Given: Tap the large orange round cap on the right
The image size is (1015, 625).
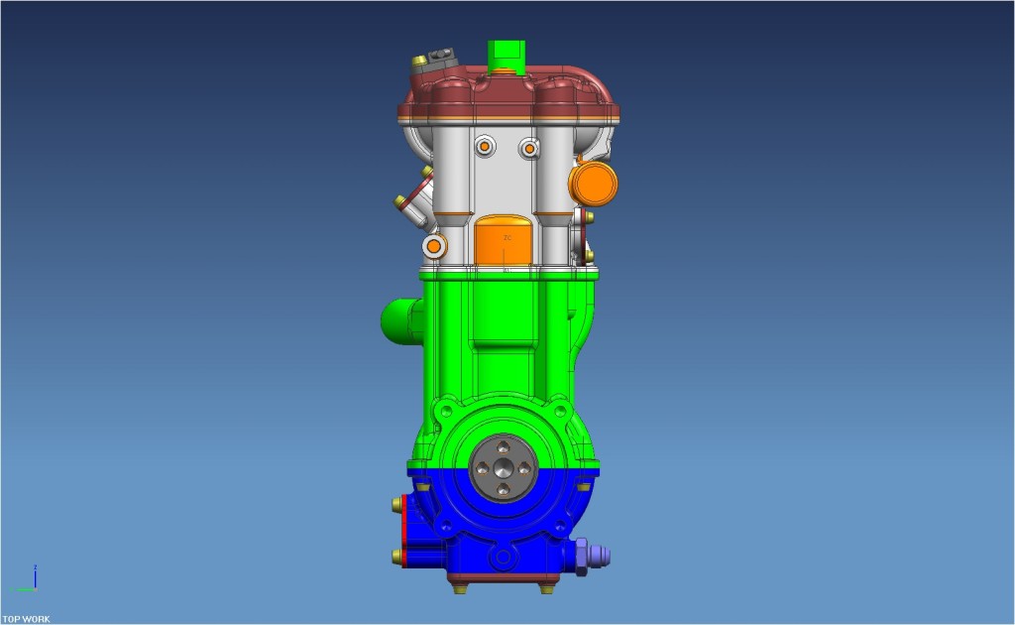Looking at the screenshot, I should coord(593,183).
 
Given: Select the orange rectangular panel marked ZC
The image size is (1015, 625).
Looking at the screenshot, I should coord(506,243).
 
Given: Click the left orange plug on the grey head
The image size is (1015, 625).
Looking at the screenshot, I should coord(485,147).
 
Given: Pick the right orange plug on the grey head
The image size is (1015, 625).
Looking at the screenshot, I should coord(530,148).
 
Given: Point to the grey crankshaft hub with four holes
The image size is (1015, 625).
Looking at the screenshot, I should coord(504,468).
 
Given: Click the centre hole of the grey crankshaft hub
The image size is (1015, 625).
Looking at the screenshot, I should coord(504,468).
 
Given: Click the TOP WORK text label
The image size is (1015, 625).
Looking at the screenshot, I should coord(26,619).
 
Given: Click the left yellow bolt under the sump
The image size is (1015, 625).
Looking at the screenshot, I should coord(460,587).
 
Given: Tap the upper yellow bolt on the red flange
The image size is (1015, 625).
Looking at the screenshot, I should coord(398,505).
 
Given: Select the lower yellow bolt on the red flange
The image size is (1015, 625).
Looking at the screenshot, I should coord(398,556).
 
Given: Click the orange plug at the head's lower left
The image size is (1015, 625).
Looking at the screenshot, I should coord(433,244).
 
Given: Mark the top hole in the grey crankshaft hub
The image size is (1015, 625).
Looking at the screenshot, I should coord(504,447).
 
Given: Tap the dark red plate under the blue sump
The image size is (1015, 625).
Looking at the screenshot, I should coord(504,577).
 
